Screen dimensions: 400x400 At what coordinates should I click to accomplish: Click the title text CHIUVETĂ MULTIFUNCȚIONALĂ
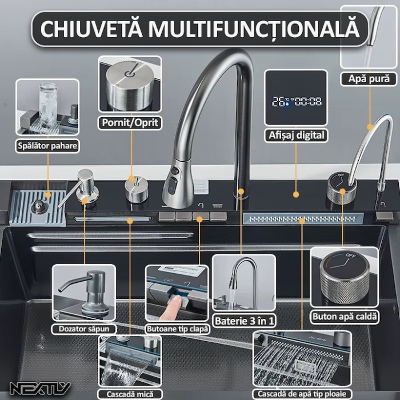pyautogui.click(x=200, y=28)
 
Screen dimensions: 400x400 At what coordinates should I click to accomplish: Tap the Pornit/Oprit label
pyautogui.click(x=129, y=122)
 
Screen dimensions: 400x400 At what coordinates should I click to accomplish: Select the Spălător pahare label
pyautogui.click(x=47, y=146)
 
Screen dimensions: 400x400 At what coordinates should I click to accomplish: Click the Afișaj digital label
pyautogui.click(x=296, y=135)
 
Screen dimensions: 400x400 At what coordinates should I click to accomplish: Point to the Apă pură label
pyautogui.click(x=369, y=79)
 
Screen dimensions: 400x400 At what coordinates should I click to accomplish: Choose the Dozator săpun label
pyautogui.click(x=83, y=329)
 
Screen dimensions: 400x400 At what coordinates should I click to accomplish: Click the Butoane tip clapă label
pyautogui.click(x=177, y=329)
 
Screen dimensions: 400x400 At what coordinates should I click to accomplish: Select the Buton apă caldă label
pyautogui.click(x=345, y=316)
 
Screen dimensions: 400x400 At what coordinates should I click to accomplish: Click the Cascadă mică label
pyautogui.click(x=129, y=394)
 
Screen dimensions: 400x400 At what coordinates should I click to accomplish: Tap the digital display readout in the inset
pyautogui.click(x=296, y=102)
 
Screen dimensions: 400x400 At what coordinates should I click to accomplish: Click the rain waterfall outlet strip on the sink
pyautogui.click(x=303, y=218)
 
